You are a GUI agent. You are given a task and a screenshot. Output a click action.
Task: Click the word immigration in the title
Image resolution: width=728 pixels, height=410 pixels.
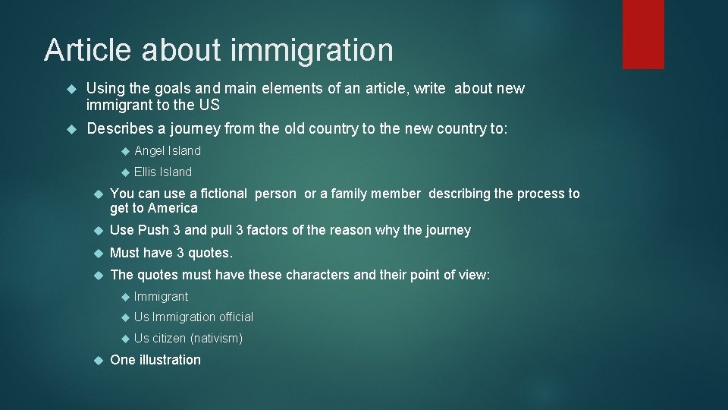(x=311, y=51)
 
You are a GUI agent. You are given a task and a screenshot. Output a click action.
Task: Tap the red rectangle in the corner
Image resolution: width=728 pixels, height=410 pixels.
(x=643, y=34)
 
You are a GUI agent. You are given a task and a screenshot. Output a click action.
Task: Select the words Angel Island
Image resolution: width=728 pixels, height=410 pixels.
(x=168, y=151)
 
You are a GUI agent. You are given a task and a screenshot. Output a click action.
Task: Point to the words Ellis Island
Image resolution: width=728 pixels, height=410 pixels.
(x=163, y=172)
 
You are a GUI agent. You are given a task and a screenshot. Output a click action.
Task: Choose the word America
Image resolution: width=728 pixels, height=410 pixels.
(x=172, y=208)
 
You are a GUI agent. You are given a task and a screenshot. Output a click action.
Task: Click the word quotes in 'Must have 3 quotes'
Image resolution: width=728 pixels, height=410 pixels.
(x=208, y=253)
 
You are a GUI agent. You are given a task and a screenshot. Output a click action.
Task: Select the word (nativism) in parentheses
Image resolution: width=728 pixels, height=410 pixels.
(x=217, y=339)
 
